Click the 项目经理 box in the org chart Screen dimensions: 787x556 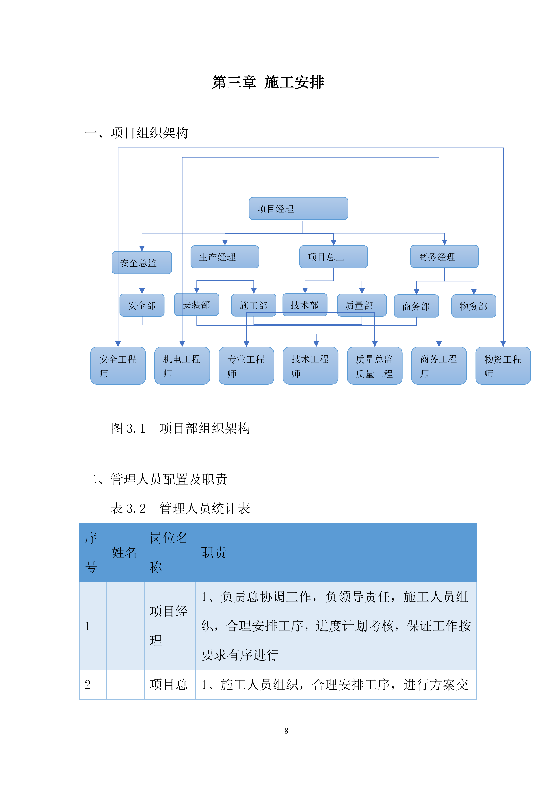298,208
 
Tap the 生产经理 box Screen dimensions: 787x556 225,257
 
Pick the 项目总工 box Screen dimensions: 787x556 333,257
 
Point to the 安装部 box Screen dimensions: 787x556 196,304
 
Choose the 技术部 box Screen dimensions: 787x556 305,305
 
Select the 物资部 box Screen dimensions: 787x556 474,306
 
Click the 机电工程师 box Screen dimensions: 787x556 182,366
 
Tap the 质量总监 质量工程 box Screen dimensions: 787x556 374,366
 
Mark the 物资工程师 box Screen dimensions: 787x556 503,366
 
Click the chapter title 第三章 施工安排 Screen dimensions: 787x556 268,82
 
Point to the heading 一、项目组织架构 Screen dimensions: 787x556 136,133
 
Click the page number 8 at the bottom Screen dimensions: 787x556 286,731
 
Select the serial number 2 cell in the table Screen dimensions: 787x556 88,685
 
